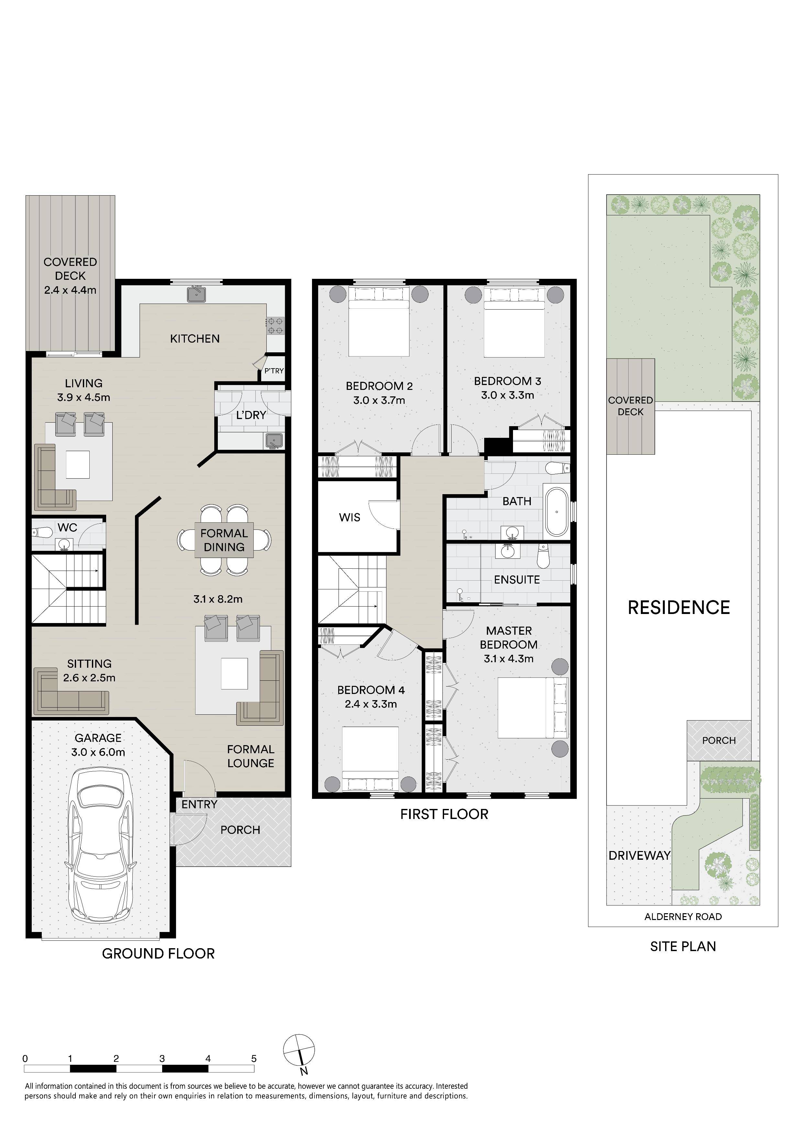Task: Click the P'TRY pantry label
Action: pyautogui.click(x=274, y=370)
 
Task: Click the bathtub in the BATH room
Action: pyautogui.click(x=557, y=513)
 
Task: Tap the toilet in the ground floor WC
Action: pyautogui.click(x=43, y=533)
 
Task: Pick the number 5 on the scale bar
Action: pyautogui.click(x=254, y=1059)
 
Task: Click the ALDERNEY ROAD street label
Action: pyautogui.click(x=683, y=917)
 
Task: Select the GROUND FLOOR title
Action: pyautogui.click(x=158, y=954)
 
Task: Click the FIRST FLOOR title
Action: pyautogui.click(x=444, y=814)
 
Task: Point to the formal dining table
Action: pyautogui.click(x=224, y=540)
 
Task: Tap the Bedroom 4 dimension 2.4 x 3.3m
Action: pyautogui.click(x=371, y=704)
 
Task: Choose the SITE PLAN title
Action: pyautogui.click(x=683, y=947)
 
